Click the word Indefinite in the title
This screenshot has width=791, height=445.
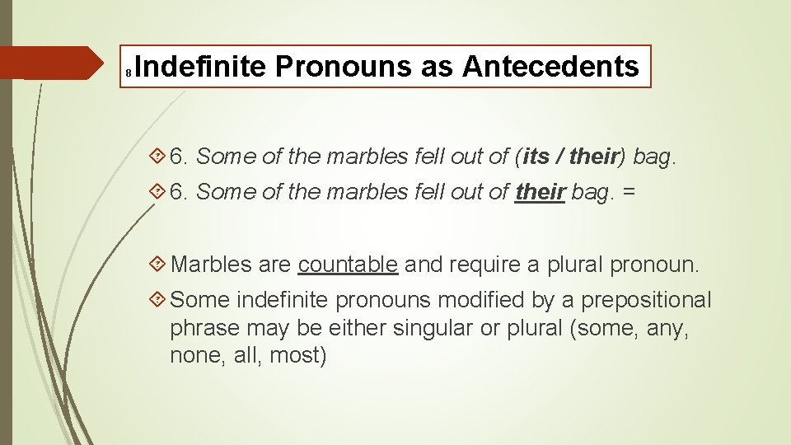click(x=197, y=67)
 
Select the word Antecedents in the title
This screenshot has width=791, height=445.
click(x=550, y=67)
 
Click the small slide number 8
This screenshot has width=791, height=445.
click(x=129, y=74)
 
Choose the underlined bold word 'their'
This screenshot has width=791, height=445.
click(x=540, y=192)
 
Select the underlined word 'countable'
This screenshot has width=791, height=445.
click(x=349, y=265)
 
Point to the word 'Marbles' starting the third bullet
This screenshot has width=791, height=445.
click(x=211, y=265)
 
